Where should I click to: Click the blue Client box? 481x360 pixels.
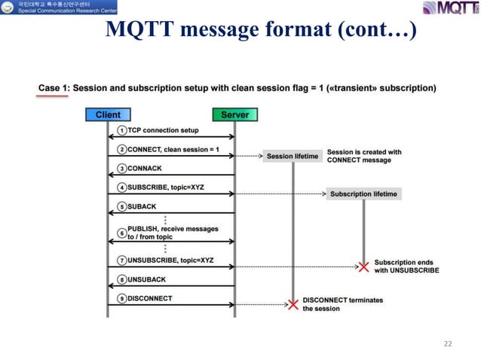[x=108, y=115]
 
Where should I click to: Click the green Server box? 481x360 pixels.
[x=234, y=115]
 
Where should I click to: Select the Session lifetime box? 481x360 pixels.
[x=293, y=157]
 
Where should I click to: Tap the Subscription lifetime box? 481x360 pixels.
[x=363, y=194]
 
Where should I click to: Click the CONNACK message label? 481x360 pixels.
[x=146, y=169]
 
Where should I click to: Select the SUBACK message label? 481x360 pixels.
[x=143, y=206]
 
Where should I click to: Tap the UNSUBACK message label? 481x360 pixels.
[x=147, y=279]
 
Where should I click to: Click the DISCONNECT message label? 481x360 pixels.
[x=149, y=299]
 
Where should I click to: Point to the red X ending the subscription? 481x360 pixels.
[x=363, y=267]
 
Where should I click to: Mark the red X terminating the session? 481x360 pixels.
[x=293, y=304]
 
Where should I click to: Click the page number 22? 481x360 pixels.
[x=448, y=343]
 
